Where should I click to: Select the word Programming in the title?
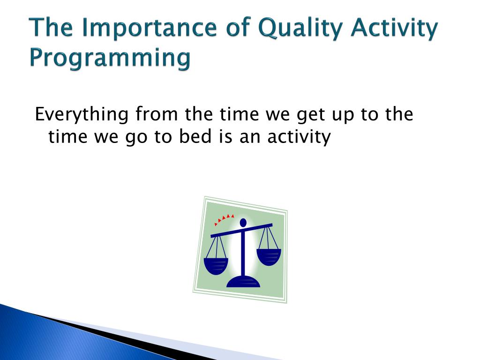[x=110, y=58]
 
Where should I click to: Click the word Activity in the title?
[x=395, y=28]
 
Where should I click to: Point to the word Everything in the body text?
[x=82, y=114]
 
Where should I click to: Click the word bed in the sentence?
[x=195, y=136]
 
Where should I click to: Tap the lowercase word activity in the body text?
[x=299, y=137]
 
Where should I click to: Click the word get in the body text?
[x=311, y=115]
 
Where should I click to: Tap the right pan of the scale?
[x=269, y=257]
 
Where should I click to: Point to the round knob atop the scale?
[x=243, y=223]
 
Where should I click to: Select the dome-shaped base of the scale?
[x=243, y=282]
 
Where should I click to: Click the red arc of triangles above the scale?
[x=224, y=219]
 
